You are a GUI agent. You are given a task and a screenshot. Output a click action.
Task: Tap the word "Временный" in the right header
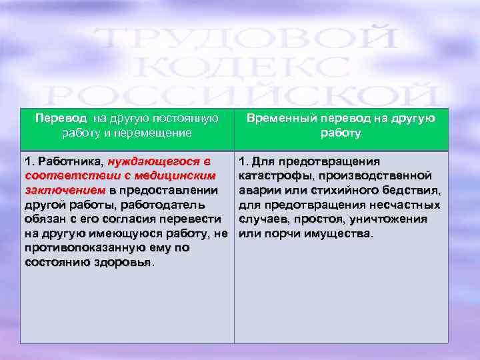[x=279, y=118]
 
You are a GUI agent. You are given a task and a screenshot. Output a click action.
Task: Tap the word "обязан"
[x=45, y=219]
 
